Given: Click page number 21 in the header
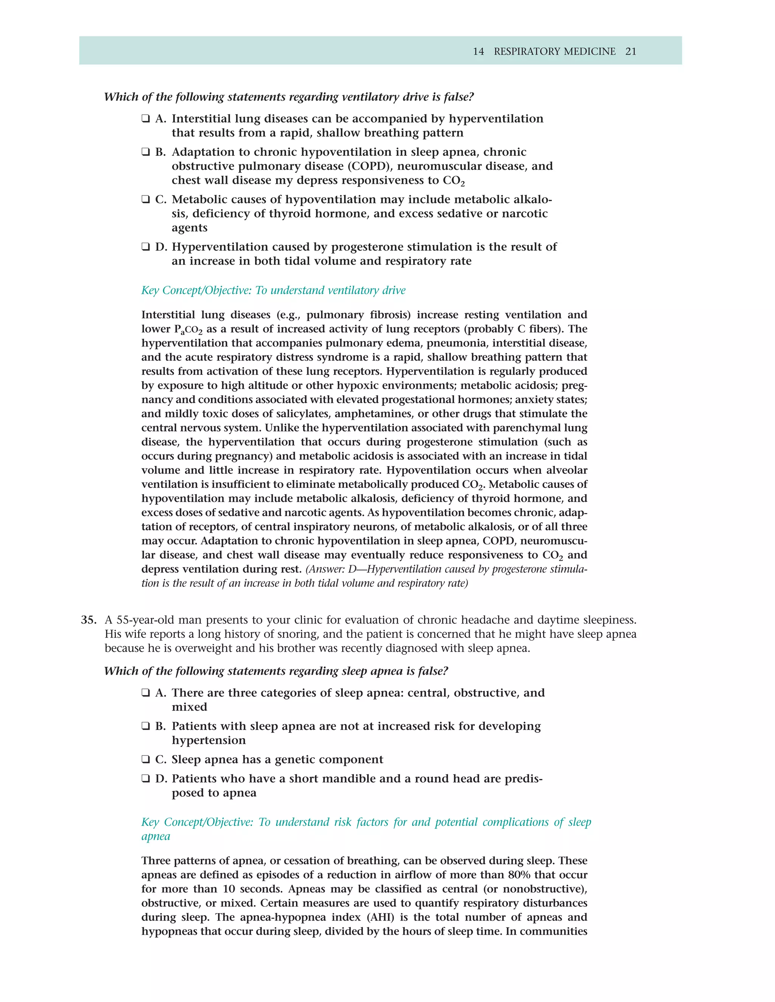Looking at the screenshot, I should [x=631, y=51].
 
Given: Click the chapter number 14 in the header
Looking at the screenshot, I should [x=478, y=51].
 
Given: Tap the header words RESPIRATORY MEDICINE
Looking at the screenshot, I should [x=555, y=51].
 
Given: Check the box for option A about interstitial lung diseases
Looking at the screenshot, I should [x=146, y=119].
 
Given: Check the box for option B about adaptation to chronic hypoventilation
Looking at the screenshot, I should [x=146, y=152].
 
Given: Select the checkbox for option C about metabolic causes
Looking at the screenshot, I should [x=146, y=200].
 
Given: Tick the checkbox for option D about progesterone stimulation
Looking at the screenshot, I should [x=146, y=247].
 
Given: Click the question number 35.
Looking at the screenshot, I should [x=88, y=620].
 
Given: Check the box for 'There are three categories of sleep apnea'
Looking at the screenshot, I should [x=146, y=693].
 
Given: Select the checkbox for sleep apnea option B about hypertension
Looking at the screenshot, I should [x=146, y=726].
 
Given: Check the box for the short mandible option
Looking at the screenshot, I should [x=146, y=779].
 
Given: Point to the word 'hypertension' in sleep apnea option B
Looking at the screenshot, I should [x=209, y=740].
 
